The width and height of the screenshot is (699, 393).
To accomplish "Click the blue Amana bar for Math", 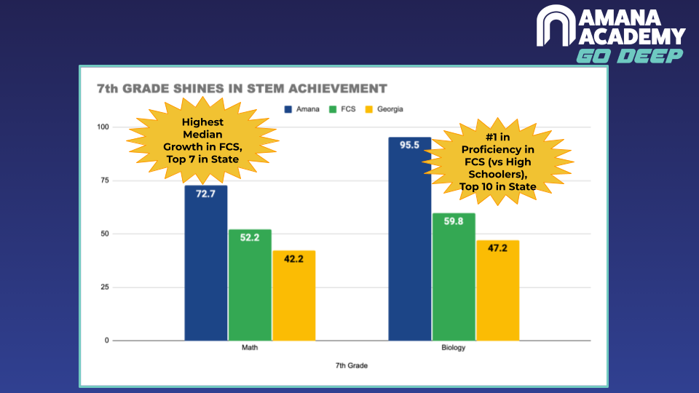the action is [x=206, y=263].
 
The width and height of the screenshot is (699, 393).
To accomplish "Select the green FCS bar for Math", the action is [x=250, y=285].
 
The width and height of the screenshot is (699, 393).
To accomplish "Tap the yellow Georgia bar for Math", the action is [x=293, y=295].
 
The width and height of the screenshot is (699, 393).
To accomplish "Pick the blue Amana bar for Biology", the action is [x=410, y=239].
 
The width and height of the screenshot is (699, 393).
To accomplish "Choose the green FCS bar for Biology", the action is [x=454, y=277].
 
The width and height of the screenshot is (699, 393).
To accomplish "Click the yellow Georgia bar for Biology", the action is [x=498, y=290].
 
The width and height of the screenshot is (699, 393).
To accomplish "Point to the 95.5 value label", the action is [x=409, y=146].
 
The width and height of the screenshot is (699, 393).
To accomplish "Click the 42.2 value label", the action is [x=293, y=259].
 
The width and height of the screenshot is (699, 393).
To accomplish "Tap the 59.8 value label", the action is [x=454, y=221].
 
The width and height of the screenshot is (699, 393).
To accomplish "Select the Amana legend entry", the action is [x=301, y=109].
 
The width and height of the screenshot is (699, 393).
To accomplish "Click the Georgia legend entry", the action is [x=384, y=109].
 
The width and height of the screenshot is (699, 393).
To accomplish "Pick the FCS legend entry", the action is [x=342, y=109].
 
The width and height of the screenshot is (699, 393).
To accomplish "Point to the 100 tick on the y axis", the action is [x=103, y=127].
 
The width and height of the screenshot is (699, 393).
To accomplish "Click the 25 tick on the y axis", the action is [x=105, y=287].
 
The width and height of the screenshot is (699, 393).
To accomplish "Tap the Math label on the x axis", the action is [x=250, y=348].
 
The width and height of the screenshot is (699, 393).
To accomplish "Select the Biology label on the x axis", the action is [x=454, y=348].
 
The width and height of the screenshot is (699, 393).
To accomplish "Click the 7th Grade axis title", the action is [x=352, y=366].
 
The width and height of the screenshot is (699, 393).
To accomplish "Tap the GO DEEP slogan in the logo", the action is [x=629, y=56].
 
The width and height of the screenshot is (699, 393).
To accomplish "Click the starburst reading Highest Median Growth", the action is [x=203, y=140].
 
